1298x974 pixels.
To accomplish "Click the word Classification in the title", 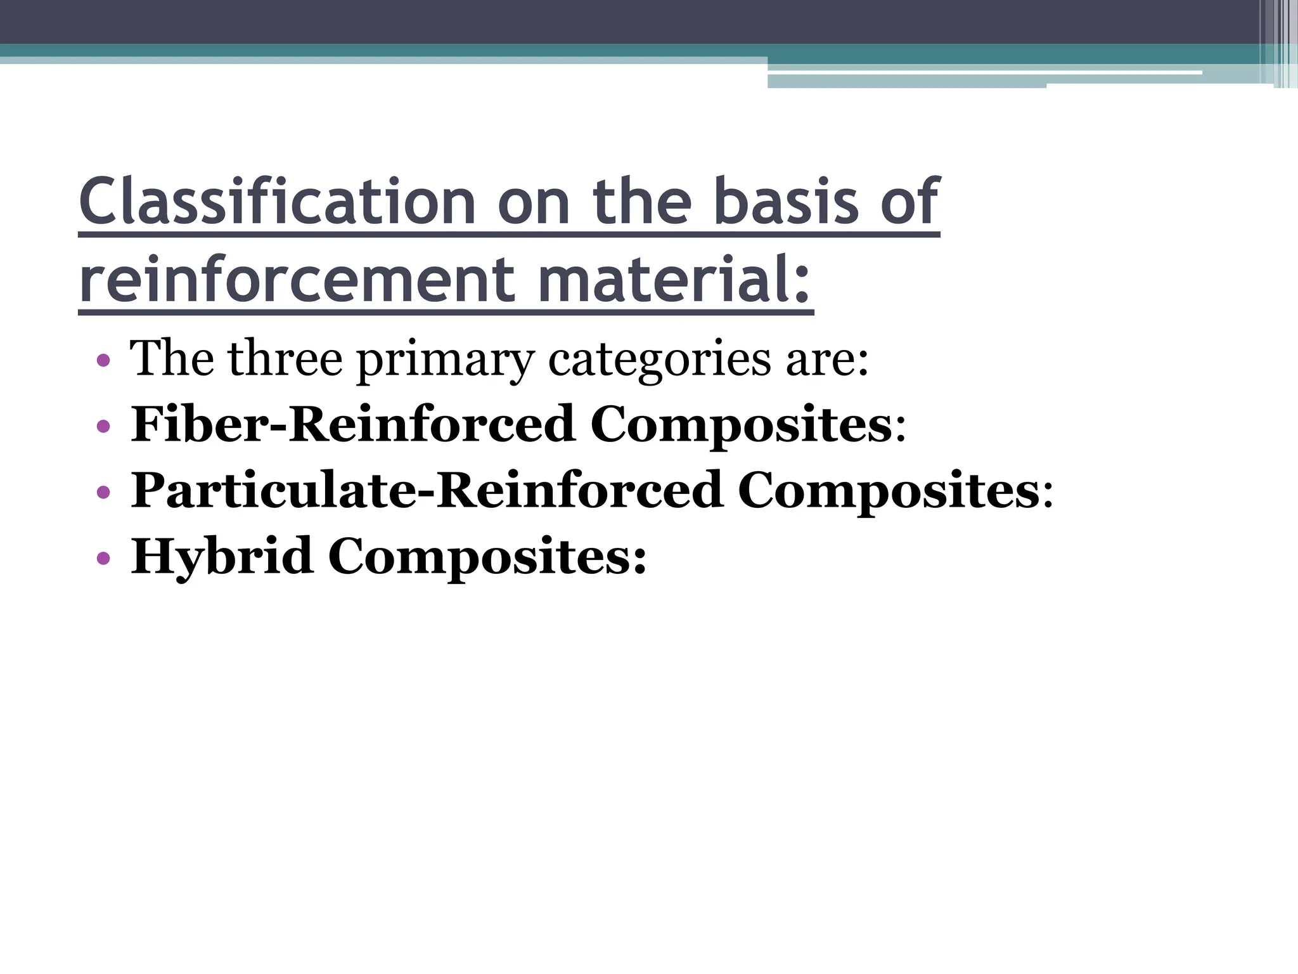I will (x=277, y=202).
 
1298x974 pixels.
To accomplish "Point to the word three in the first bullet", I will (x=285, y=359).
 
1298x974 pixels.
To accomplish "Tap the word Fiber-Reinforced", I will (x=352, y=424).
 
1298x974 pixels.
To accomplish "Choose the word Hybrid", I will (x=222, y=557).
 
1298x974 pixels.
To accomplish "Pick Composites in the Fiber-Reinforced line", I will (x=742, y=425).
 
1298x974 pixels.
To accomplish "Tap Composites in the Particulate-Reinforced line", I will (x=888, y=491).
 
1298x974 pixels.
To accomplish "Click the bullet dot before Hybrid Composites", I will (x=103, y=559).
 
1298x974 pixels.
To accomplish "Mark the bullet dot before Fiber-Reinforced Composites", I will (x=103, y=426).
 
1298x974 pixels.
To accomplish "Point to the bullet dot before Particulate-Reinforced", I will (x=103, y=492).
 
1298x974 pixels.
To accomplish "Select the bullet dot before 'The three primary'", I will (x=103, y=361).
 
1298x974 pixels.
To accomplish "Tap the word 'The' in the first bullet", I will (x=172, y=359).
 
